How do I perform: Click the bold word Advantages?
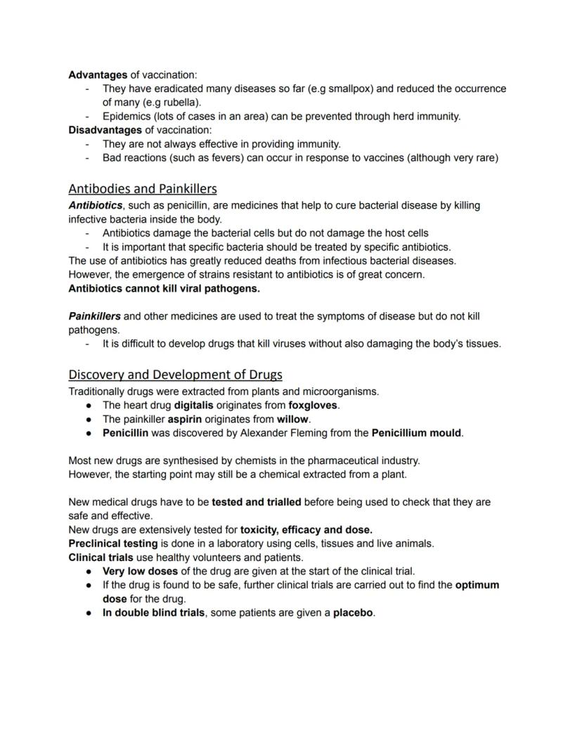[98, 75]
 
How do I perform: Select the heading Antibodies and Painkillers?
[143, 188]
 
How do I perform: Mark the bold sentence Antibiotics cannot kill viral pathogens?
[164, 288]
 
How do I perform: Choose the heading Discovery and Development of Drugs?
[175, 374]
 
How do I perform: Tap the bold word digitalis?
[193, 405]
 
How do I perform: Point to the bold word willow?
[292, 419]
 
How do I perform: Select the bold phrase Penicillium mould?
[416, 433]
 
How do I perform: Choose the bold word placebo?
[353, 613]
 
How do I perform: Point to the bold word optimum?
[477, 585]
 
